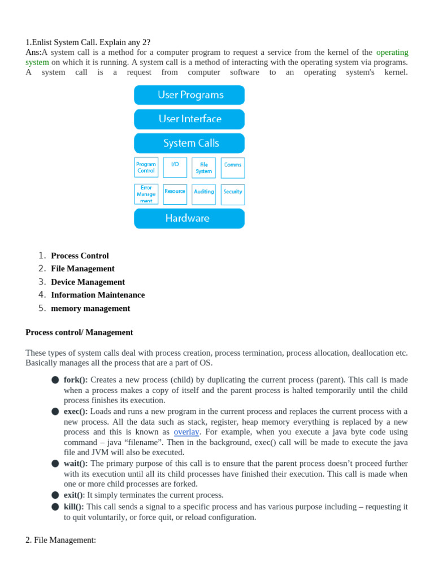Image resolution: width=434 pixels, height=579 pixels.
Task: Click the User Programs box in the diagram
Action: click(x=189, y=95)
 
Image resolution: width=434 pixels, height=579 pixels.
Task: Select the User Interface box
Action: click(x=189, y=119)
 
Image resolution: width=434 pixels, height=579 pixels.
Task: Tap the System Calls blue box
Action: click(x=189, y=144)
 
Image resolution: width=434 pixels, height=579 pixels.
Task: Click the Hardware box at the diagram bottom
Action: click(x=189, y=218)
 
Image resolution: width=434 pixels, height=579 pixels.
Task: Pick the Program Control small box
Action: click(x=146, y=167)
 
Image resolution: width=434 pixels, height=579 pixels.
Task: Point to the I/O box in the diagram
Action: click(x=175, y=167)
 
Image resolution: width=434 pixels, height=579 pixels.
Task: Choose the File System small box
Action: click(x=203, y=168)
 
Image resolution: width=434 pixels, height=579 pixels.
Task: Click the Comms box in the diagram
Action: click(x=233, y=167)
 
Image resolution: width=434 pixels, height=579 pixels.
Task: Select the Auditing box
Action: click(x=203, y=194)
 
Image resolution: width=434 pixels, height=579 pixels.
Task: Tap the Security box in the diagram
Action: click(x=233, y=194)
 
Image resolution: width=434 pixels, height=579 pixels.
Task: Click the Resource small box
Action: click(x=175, y=194)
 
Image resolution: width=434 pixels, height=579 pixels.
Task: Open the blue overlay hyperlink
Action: click(x=186, y=432)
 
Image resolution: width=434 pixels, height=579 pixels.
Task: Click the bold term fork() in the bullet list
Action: click(x=76, y=380)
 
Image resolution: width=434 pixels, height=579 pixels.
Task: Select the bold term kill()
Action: click(x=73, y=507)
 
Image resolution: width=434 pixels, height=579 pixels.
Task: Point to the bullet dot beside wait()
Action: click(x=55, y=464)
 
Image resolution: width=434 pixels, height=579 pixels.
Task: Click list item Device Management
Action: click(x=88, y=282)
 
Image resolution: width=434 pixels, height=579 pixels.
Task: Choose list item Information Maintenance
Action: click(x=98, y=295)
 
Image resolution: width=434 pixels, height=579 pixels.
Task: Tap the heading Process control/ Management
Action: click(x=79, y=332)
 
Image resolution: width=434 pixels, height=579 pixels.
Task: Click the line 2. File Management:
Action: click(x=60, y=540)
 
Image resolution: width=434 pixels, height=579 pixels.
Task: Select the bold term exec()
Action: click(x=76, y=411)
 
